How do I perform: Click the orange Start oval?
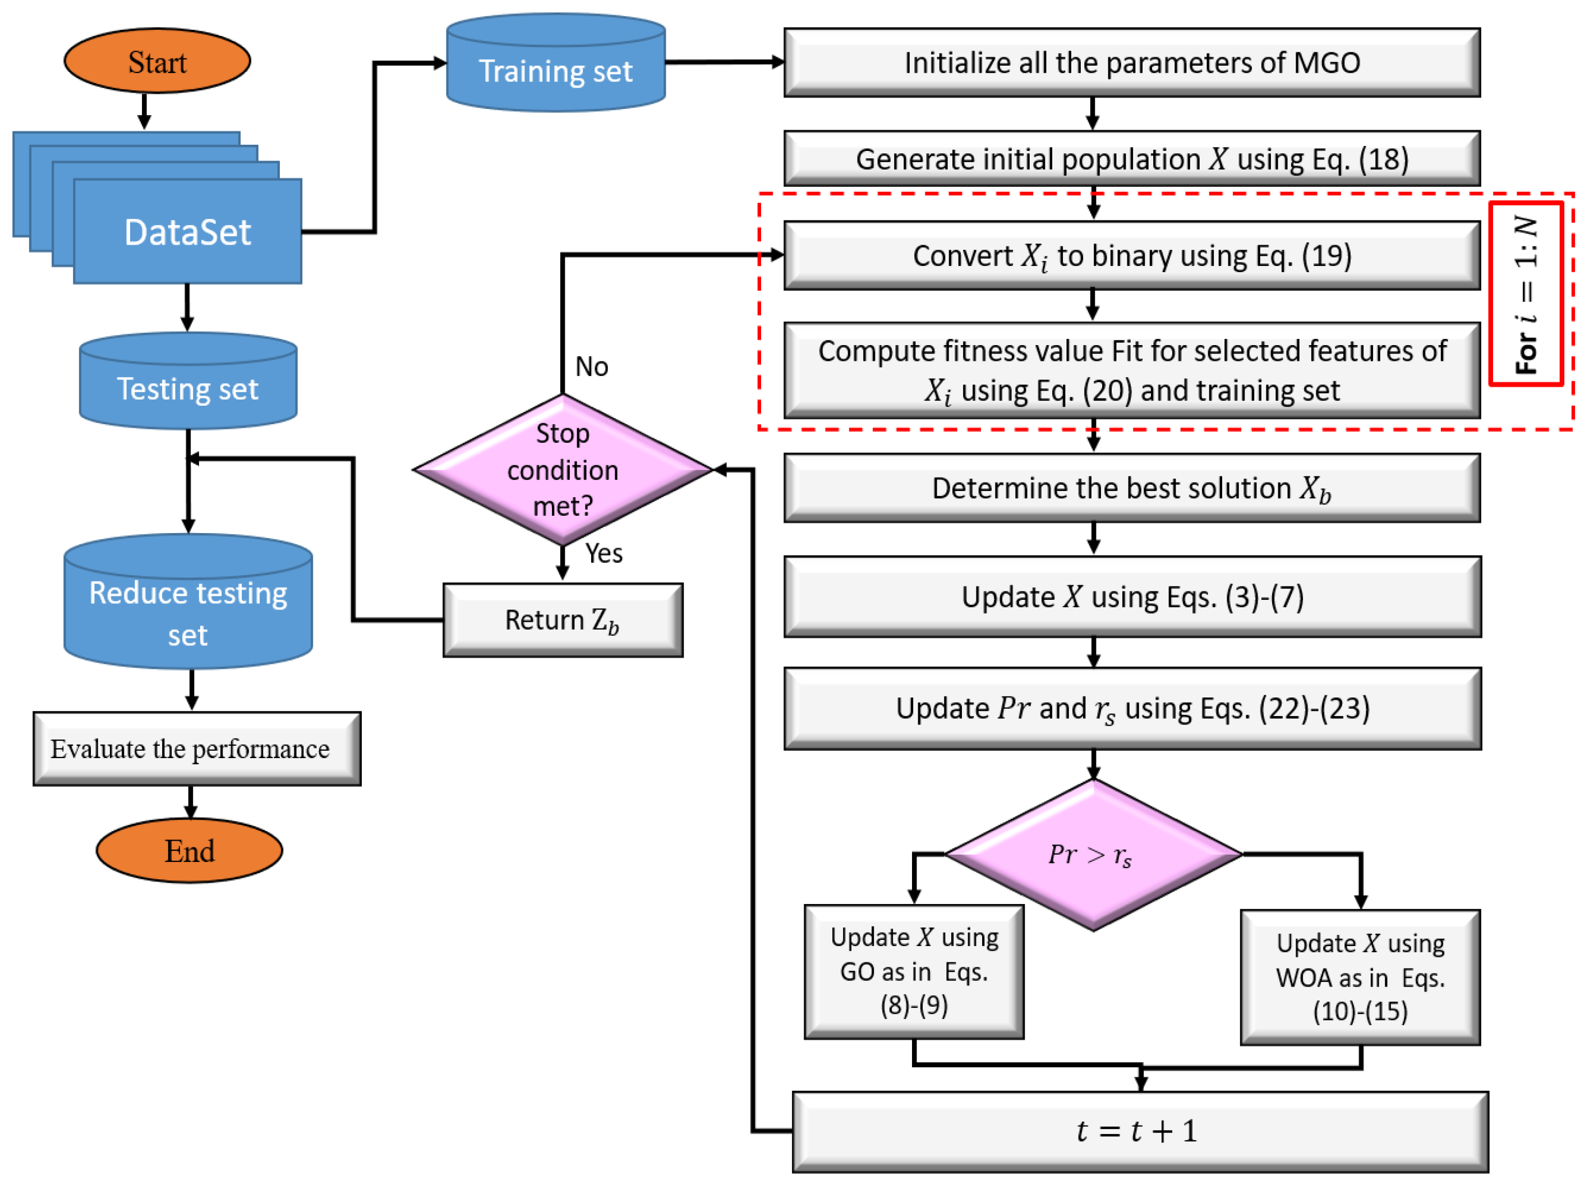click(x=157, y=61)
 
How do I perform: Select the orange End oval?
click(x=189, y=850)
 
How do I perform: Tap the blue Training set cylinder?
click(x=556, y=63)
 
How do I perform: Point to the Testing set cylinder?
click(x=188, y=381)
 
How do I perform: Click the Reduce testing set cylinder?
click(x=188, y=602)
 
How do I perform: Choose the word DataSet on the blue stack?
click(x=188, y=232)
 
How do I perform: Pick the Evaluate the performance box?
click(x=197, y=749)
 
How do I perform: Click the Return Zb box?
click(x=563, y=620)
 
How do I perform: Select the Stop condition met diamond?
click(x=563, y=470)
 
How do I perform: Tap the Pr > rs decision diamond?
click(x=1093, y=855)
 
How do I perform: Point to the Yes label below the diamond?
click(x=604, y=553)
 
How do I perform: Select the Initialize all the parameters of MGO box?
click(x=1132, y=63)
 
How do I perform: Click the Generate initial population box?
click(x=1132, y=159)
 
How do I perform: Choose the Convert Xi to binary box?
click(x=1132, y=255)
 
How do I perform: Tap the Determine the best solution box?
click(x=1132, y=488)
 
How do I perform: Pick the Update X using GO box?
click(x=914, y=972)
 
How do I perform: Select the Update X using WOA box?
click(x=1361, y=978)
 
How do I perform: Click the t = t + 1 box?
click(x=1141, y=1132)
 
